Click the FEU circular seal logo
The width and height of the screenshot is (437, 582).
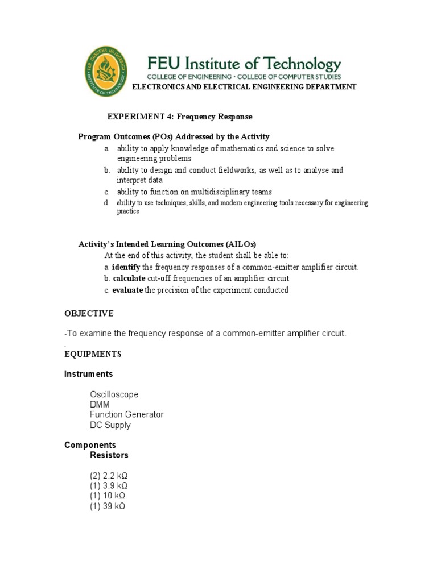click(106, 72)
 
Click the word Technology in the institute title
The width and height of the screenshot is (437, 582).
click(298, 63)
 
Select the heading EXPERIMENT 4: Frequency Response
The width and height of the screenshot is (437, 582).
click(180, 117)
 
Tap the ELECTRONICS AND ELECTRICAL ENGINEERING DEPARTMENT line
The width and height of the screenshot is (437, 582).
click(244, 87)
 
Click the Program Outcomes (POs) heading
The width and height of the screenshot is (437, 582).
click(174, 137)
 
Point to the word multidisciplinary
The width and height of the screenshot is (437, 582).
click(220, 192)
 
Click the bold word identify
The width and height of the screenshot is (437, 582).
click(126, 267)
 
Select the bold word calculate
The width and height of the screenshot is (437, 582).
click(129, 278)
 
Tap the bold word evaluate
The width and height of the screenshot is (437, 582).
click(128, 290)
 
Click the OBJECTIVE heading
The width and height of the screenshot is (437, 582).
click(89, 314)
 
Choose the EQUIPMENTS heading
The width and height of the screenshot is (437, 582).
click(93, 354)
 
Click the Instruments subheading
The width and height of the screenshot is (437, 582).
click(88, 374)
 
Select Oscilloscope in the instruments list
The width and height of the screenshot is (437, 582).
click(114, 394)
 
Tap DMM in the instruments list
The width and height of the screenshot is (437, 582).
click(100, 405)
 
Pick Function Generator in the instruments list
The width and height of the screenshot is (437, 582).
click(126, 415)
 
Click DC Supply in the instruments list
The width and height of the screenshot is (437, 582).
click(110, 425)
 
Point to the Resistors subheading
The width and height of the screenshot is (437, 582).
click(109, 455)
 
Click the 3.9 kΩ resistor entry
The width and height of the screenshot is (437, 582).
click(108, 486)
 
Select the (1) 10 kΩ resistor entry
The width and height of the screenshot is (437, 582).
click(107, 496)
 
